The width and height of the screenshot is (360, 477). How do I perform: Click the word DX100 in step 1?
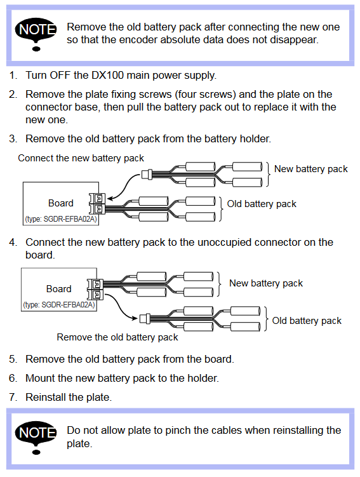click(108, 75)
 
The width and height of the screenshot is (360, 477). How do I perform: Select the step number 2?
click(13, 94)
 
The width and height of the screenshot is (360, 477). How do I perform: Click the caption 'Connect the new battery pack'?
click(81, 158)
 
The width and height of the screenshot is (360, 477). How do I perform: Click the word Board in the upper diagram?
click(61, 203)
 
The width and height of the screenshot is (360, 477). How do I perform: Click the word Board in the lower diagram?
click(58, 289)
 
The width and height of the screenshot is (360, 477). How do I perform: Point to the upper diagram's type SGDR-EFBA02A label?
click(61, 219)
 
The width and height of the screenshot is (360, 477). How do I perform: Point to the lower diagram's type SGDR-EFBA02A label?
click(59, 305)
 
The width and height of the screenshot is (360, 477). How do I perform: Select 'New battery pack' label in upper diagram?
click(310, 169)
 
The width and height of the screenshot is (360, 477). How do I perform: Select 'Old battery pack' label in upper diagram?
click(262, 204)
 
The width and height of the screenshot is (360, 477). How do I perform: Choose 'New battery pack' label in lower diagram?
click(266, 283)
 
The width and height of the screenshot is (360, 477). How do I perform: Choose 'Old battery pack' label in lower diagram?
click(307, 321)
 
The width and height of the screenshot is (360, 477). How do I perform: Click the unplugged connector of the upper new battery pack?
click(147, 175)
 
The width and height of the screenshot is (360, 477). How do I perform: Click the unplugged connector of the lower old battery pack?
click(145, 318)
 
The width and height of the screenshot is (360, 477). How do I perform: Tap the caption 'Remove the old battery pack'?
click(117, 337)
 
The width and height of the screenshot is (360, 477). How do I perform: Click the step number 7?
click(12, 397)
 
